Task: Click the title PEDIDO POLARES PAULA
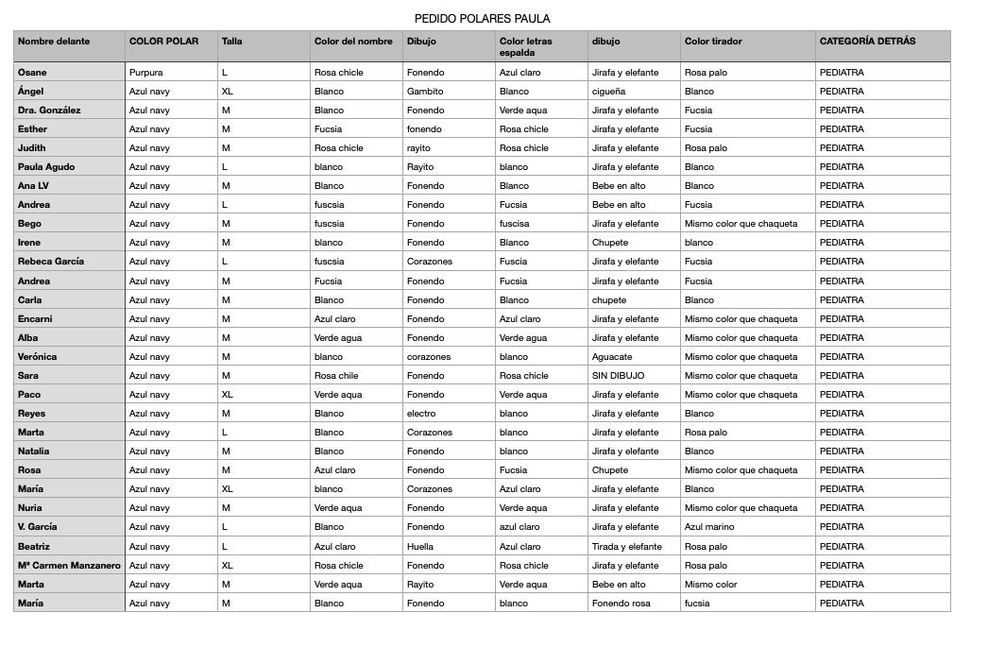[x=482, y=19]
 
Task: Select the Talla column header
[x=232, y=42]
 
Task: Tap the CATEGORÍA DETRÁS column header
[x=867, y=42]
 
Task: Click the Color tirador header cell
[x=713, y=42]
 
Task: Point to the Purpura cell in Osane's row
[x=146, y=73]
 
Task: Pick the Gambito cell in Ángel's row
[x=425, y=92]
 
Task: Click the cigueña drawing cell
[x=609, y=92]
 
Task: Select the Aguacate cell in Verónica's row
[x=612, y=357]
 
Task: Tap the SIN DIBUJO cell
[x=618, y=376]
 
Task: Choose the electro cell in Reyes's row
[x=421, y=414]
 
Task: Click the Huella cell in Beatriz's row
[x=420, y=547]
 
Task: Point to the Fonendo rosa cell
[x=622, y=604]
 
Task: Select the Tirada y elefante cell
[x=627, y=547]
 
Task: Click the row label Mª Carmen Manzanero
[x=69, y=566]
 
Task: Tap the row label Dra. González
[x=49, y=111]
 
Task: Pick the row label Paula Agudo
[x=46, y=167]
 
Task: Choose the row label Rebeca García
[x=51, y=262]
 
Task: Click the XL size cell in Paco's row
[x=228, y=395]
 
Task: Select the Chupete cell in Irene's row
[x=610, y=243]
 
